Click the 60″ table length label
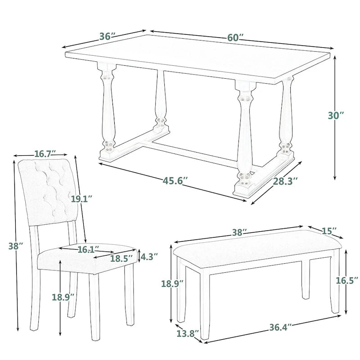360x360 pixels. tap(235, 38)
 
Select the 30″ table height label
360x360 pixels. tap(336, 115)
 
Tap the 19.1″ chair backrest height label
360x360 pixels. tap(81, 198)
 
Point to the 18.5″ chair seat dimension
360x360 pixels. tap(122, 258)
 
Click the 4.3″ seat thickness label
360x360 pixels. tap(149, 257)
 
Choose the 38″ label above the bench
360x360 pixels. tap(239, 233)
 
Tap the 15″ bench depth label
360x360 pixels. tap(329, 231)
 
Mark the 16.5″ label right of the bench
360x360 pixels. tap(347, 280)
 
